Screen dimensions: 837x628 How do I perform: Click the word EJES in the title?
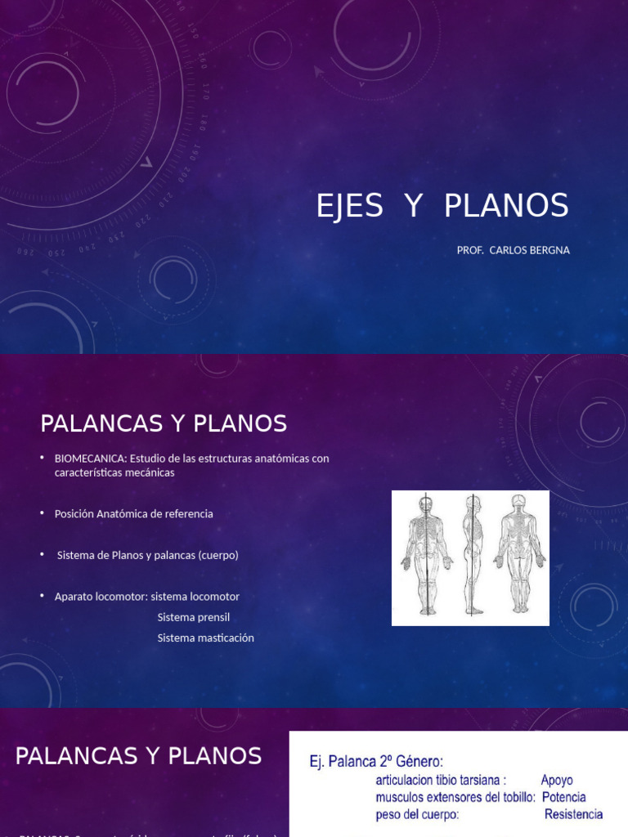click(x=349, y=206)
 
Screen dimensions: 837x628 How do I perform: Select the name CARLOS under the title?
click(x=511, y=250)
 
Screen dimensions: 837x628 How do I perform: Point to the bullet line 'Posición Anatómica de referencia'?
click(x=133, y=514)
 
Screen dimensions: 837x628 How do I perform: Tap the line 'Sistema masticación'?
click(x=205, y=638)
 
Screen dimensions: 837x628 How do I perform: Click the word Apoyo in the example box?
click(x=557, y=781)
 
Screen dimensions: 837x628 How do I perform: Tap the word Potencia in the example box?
click(x=563, y=797)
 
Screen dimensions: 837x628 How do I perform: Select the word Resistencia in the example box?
click(x=573, y=814)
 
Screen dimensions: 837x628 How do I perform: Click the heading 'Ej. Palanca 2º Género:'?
click(x=376, y=762)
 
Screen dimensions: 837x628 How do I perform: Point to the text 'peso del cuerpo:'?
click(x=417, y=814)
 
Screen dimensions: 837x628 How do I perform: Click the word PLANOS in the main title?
click(x=506, y=206)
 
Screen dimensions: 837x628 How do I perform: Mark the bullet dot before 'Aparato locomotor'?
click(x=42, y=596)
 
